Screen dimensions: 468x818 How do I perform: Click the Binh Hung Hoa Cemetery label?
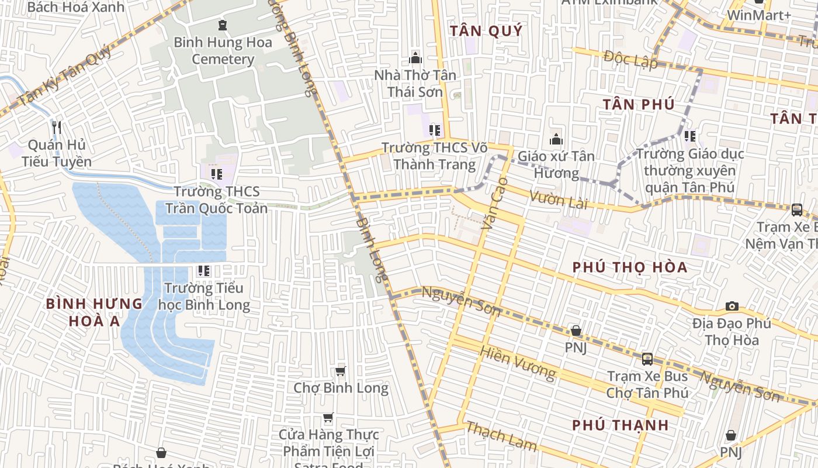[223, 51]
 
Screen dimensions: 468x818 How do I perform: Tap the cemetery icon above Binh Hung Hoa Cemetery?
[222, 25]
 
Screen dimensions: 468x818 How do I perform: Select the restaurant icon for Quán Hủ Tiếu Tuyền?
[56, 127]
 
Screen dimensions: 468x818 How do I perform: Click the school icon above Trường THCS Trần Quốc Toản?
[217, 174]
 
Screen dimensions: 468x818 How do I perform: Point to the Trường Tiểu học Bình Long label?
[204, 296]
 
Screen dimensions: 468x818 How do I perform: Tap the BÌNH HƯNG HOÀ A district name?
[93, 312]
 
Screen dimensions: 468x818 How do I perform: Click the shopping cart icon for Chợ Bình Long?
[341, 371]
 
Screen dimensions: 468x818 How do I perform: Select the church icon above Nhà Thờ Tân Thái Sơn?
[415, 57]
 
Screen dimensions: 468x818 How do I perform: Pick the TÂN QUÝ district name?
[486, 31]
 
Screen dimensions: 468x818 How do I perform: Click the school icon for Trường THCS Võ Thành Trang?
[434, 130]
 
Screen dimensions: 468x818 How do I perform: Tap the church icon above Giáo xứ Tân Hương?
[556, 139]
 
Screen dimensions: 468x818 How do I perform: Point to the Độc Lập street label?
[630, 60]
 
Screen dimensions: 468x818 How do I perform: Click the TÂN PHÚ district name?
[639, 104]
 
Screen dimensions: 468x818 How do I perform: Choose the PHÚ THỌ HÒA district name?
[630, 267]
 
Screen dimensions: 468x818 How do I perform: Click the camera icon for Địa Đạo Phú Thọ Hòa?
[732, 306]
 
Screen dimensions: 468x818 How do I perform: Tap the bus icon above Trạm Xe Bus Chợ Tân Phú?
[647, 359]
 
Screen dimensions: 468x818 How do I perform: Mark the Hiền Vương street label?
[517, 362]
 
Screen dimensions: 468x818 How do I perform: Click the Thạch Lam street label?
[501, 436]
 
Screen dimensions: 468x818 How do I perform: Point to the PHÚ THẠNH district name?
[621, 425]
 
